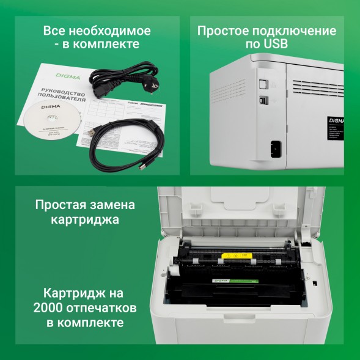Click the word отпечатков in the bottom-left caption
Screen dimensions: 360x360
pyautogui.click(x=109, y=306)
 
